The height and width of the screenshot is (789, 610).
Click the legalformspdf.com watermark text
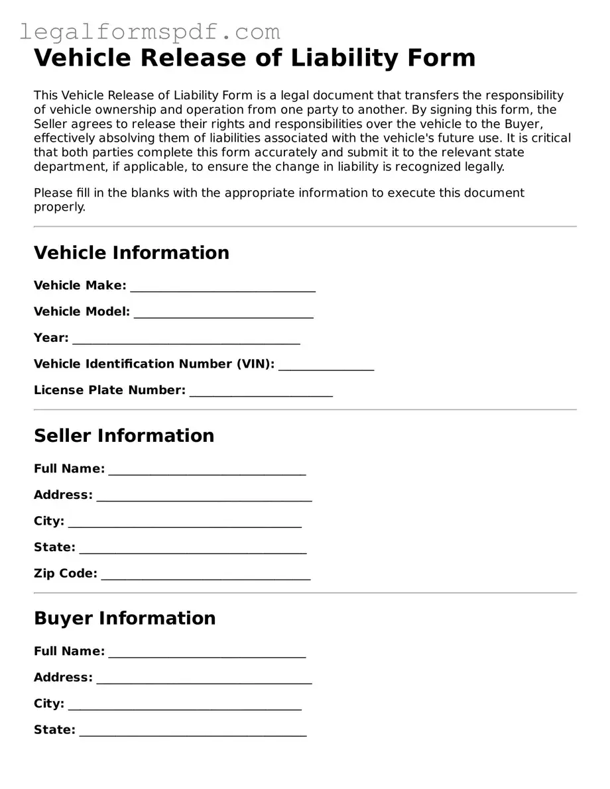[150, 31]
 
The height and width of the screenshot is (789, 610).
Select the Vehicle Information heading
[131, 252]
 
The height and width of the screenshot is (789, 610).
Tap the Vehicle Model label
[82, 311]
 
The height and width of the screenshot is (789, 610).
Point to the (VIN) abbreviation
[255, 364]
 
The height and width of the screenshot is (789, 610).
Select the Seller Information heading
[124, 435]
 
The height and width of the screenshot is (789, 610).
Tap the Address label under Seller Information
[63, 495]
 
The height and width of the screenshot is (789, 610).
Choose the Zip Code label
[66, 573]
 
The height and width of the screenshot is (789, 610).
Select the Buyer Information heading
[125, 618]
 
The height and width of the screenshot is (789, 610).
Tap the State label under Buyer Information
[54, 730]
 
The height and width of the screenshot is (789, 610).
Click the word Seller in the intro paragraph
[51, 124]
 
